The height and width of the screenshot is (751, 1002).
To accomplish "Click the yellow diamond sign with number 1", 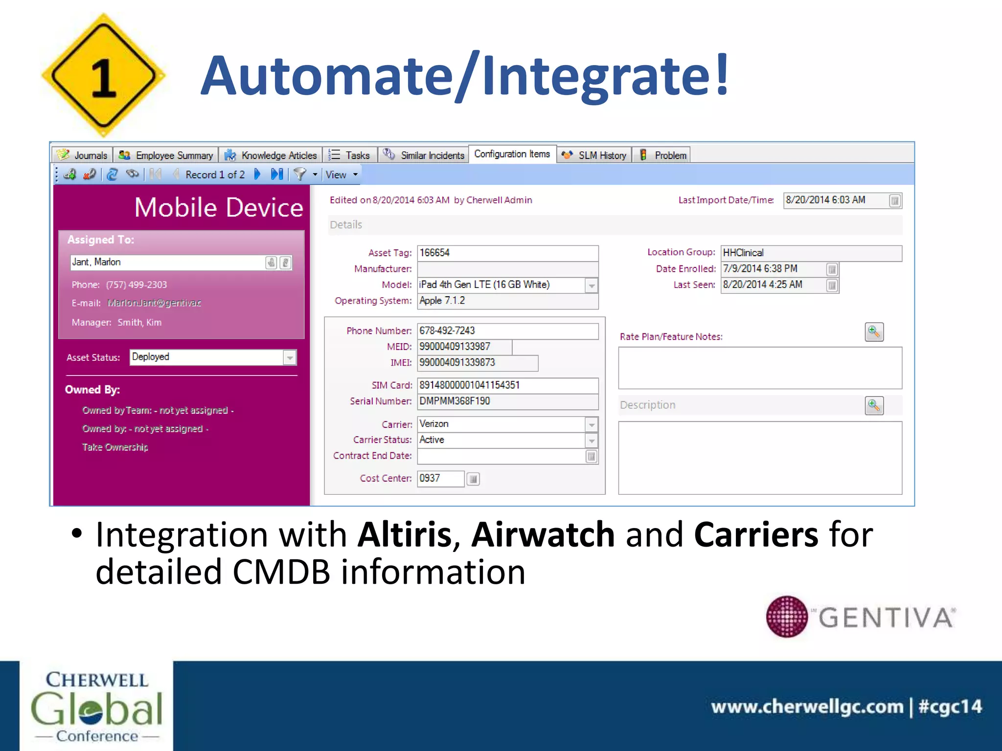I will point(103,76).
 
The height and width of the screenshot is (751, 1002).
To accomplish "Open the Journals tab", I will point(83,155).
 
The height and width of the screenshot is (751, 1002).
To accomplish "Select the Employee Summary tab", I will point(166,155).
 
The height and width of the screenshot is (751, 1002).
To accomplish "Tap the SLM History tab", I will point(594,155).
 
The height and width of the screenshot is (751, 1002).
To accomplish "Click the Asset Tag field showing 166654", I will point(507,253).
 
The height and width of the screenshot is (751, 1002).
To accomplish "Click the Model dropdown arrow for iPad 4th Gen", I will point(592,286).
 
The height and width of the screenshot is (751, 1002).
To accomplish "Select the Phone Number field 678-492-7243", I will point(507,331).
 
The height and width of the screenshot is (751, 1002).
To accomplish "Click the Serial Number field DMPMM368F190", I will point(507,401).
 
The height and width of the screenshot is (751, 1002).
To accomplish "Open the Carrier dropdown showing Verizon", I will point(592,424).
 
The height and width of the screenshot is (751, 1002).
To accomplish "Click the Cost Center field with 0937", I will point(440,478).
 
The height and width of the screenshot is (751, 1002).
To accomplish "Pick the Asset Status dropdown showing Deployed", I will point(290,357).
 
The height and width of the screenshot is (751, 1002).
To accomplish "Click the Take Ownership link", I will point(115,447).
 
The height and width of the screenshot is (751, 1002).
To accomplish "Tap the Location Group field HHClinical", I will point(811,253).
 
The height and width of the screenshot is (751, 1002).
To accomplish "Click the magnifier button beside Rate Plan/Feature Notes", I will point(874,332).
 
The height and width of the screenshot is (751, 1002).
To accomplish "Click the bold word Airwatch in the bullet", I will point(543,534).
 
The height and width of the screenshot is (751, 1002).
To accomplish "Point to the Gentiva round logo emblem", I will point(787,617).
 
